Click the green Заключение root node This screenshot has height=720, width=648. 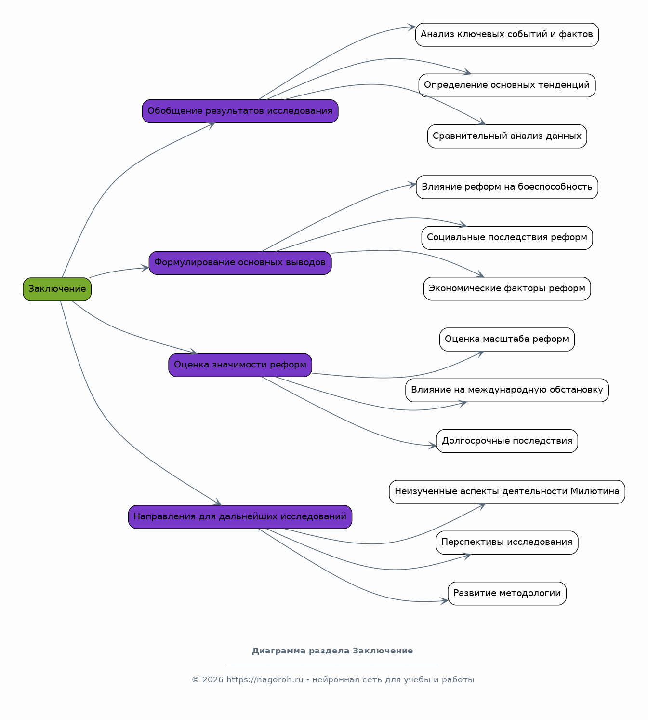tap(57, 289)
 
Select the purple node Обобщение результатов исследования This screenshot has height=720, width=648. tap(240, 111)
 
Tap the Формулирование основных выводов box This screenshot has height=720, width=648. tap(240, 263)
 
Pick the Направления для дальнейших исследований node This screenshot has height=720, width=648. tap(240, 517)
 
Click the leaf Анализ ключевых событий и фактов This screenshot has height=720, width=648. tap(507, 35)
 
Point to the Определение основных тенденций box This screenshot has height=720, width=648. tap(507, 85)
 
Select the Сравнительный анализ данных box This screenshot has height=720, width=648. tap(507, 136)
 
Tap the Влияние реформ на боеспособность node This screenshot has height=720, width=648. tap(507, 187)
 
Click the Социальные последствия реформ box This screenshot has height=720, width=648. tap(507, 238)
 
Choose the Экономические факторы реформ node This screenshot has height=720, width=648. tap(507, 289)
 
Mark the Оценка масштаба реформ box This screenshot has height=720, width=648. tap(507, 340)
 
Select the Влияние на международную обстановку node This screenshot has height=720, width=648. tap(507, 391)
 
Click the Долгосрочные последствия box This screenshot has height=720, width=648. tap(507, 441)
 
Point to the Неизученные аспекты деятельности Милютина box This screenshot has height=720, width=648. tap(507, 492)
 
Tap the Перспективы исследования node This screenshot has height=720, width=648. tap(507, 543)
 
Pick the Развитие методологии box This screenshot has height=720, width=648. tap(507, 594)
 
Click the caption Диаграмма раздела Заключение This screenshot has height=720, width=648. tap(332, 651)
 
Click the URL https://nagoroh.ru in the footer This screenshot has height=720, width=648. tap(264, 680)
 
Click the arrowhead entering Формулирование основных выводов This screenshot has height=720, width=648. tap(145, 268)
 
